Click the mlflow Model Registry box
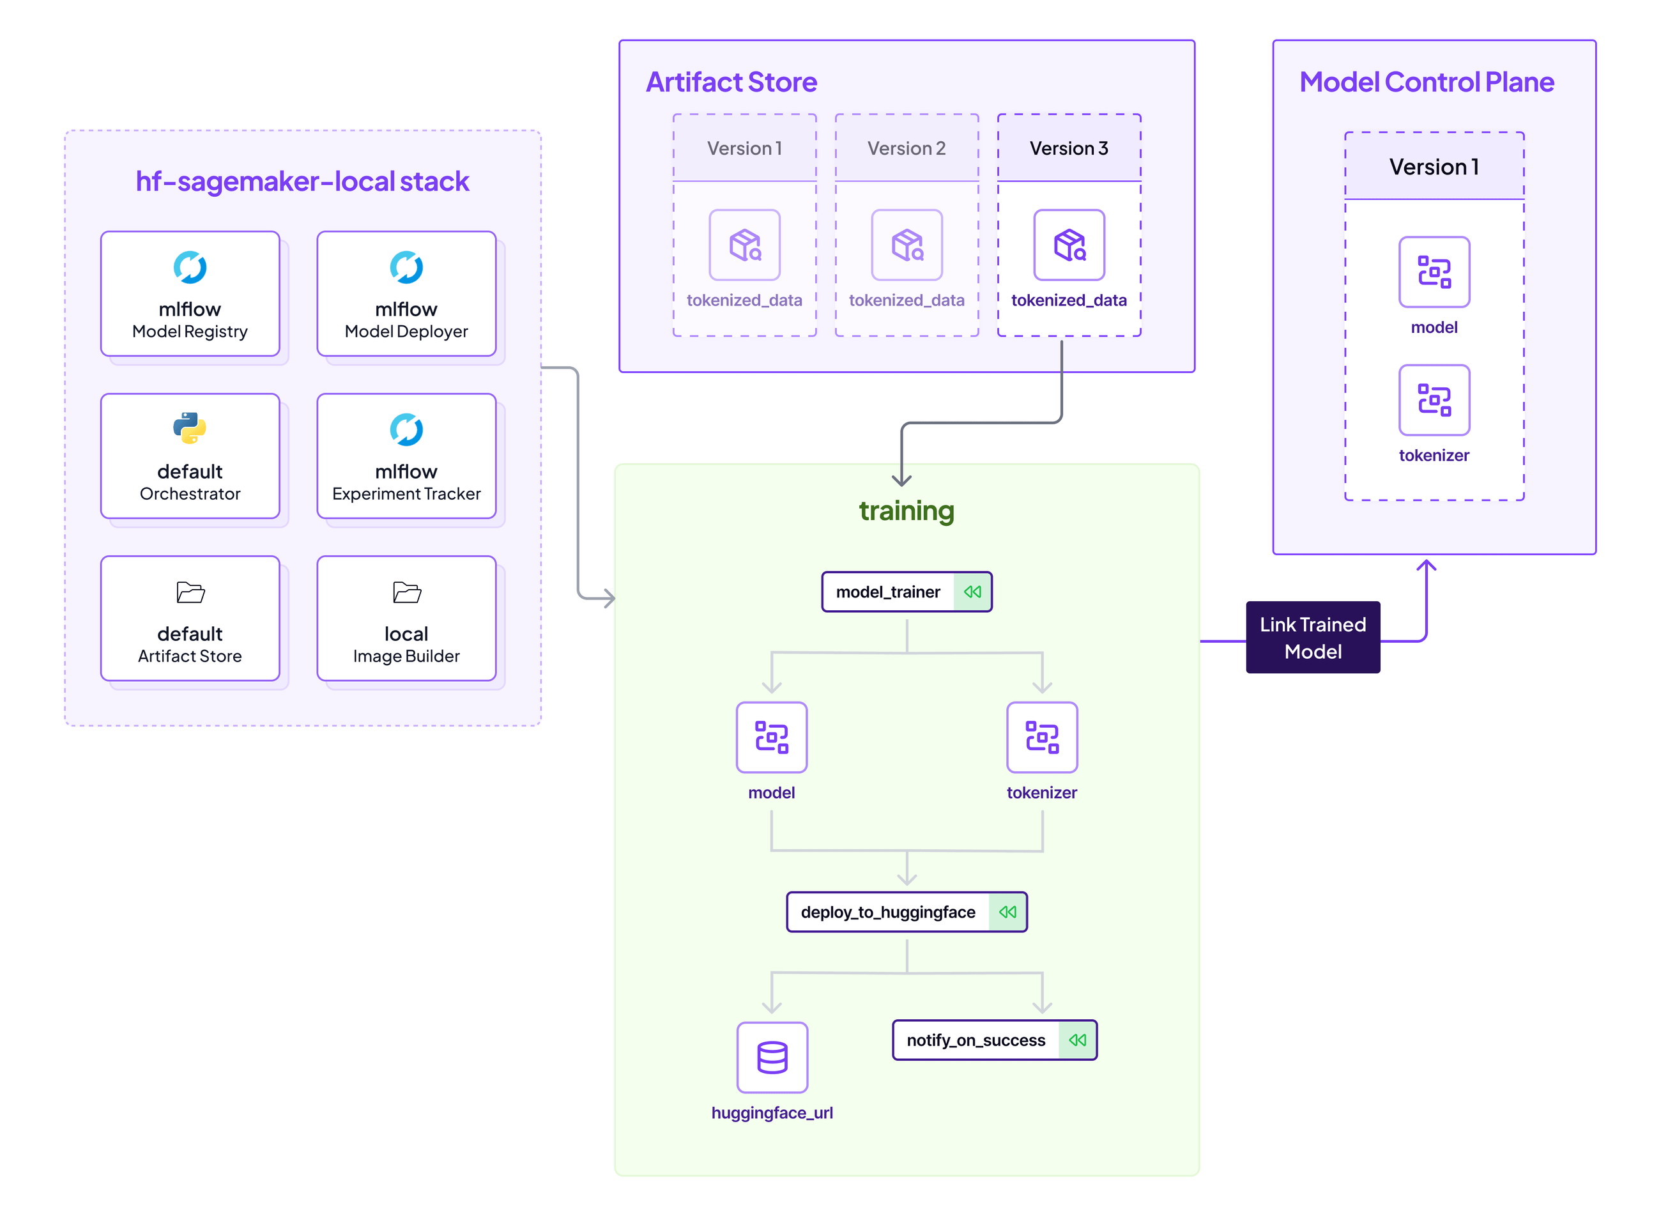coord(190,294)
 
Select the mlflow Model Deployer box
coord(406,294)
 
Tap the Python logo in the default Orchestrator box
coord(190,427)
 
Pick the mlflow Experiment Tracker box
coord(406,456)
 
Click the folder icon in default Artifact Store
coord(190,592)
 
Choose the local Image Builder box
coord(406,619)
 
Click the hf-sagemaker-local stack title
coord(302,181)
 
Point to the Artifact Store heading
coord(731,82)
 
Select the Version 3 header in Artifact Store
coord(1069,148)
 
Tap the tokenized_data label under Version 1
coord(744,300)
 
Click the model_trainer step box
coord(906,592)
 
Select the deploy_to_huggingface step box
coord(906,912)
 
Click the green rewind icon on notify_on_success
coord(1076,1040)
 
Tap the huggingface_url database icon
coord(772,1057)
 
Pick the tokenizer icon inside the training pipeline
coord(1042,737)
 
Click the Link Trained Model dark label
coord(1312,638)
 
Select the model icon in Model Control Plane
coord(1434,272)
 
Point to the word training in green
coord(906,510)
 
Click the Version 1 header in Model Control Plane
coord(1434,166)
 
